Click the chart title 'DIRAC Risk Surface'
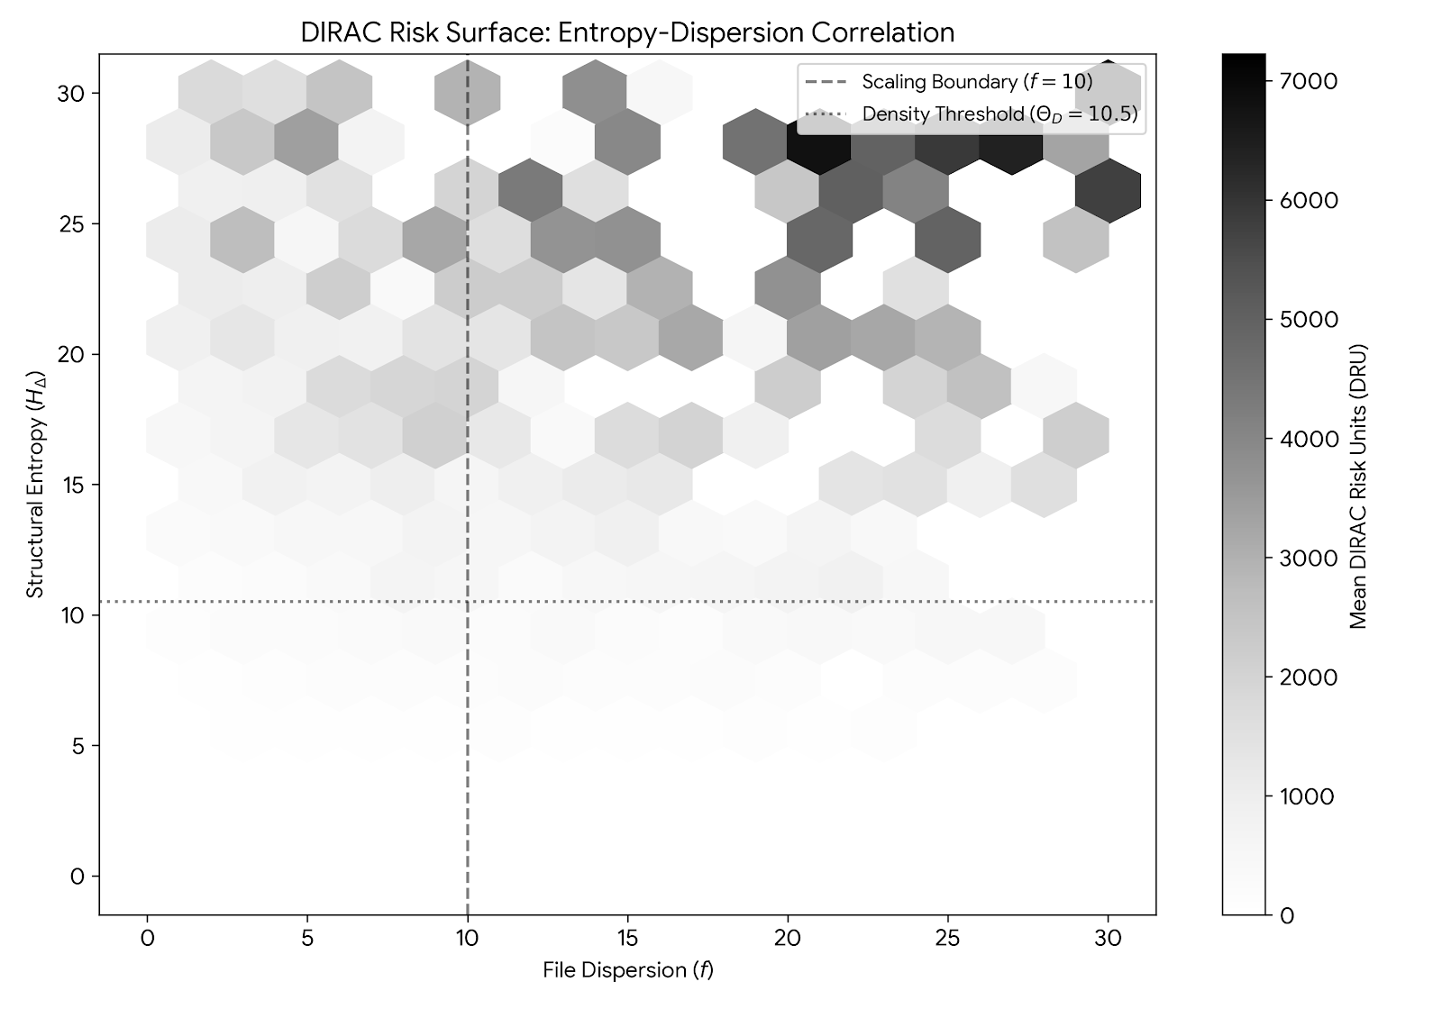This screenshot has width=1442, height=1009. click(x=627, y=32)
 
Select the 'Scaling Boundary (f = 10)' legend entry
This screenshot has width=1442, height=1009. click(x=977, y=82)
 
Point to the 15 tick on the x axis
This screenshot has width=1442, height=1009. click(x=627, y=915)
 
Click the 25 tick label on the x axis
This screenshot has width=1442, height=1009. click(x=948, y=938)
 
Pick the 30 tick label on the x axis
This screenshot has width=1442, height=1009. click(x=1109, y=938)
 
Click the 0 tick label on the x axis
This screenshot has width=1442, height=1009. click(x=147, y=938)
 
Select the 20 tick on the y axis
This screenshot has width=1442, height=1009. click(x=99, y=354)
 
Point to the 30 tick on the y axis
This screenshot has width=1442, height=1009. click(x=99, y=93)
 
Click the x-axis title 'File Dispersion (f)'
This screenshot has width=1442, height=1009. click(x=627, y=970)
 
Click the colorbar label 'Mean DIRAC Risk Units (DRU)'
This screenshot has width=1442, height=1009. click(x=1358, y=486)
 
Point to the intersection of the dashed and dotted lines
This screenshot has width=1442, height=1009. click(x=467, y=601)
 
